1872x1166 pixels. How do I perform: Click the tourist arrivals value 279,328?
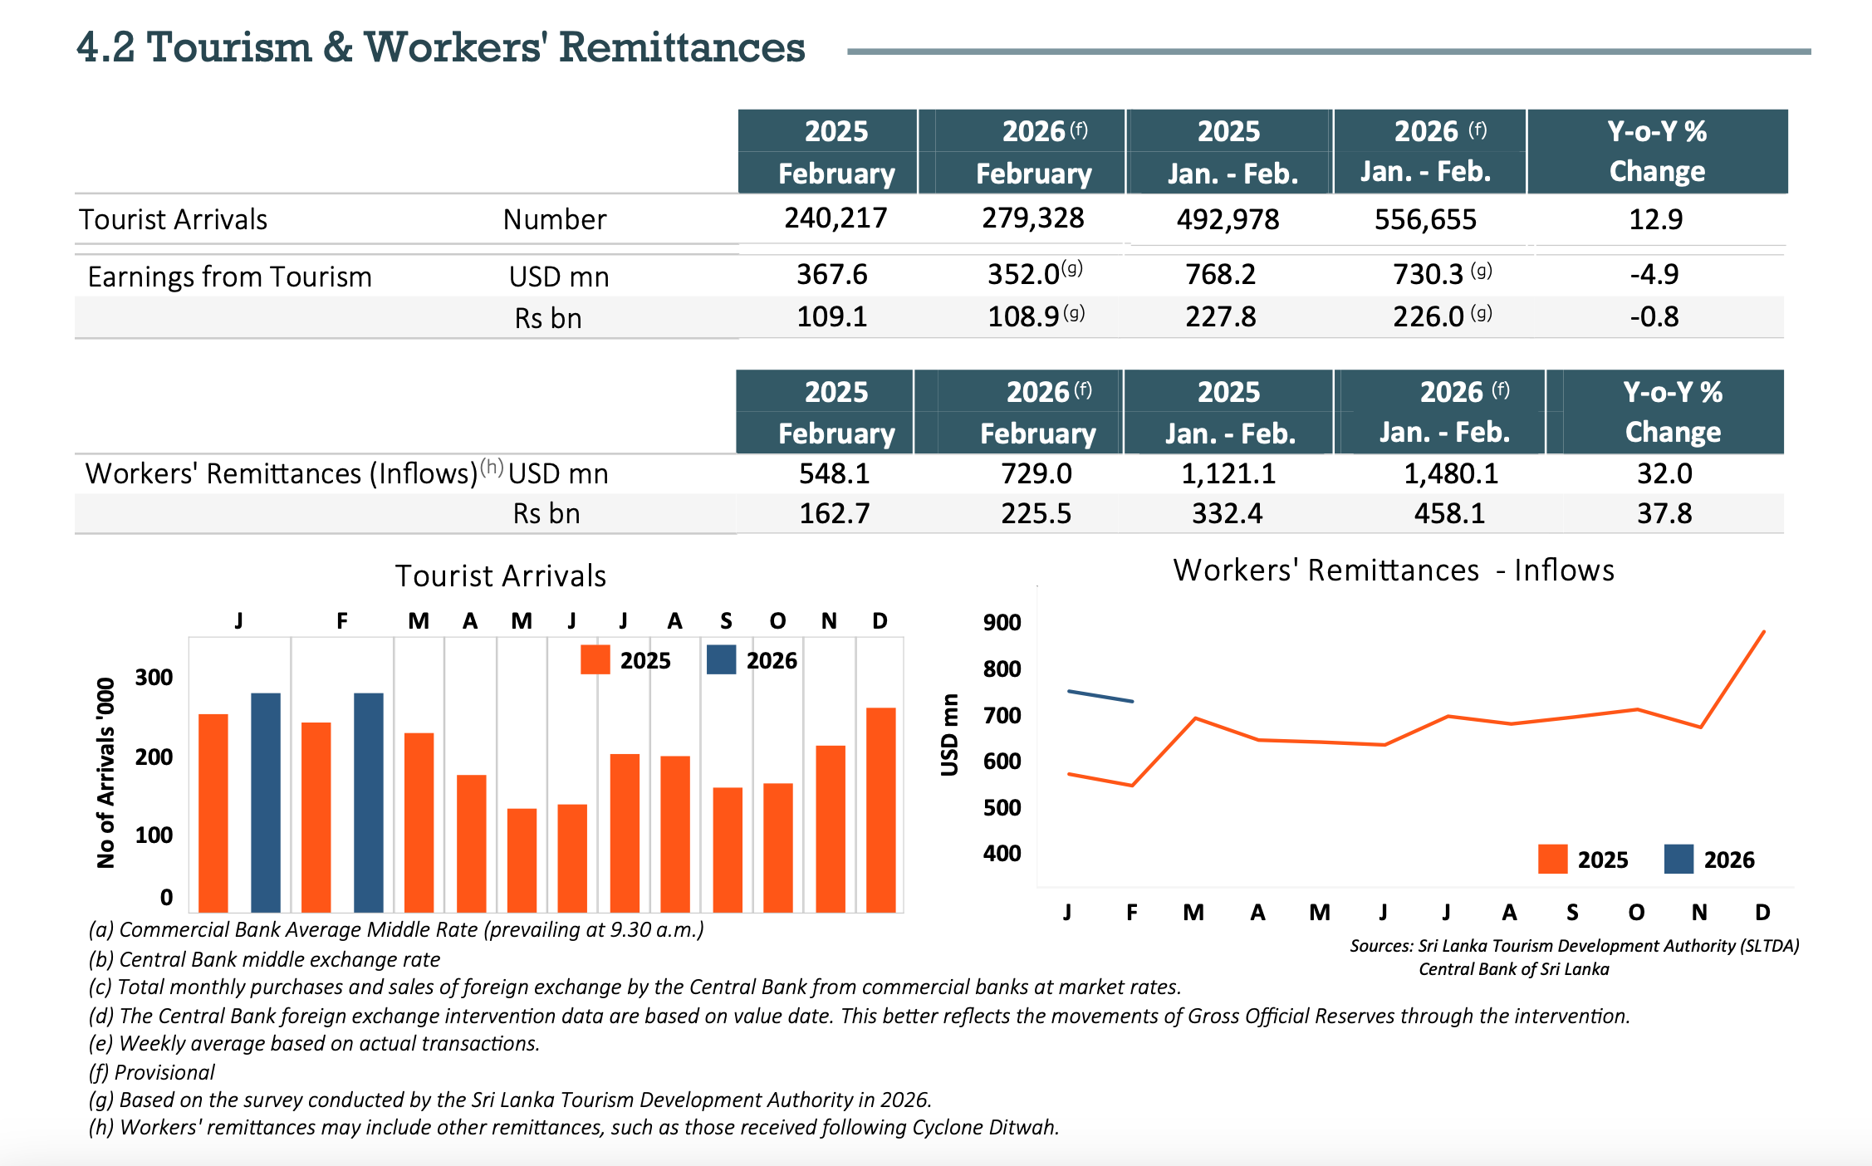pyautogui.click(x=1032, y=218)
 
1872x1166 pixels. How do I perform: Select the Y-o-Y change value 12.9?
pyautogui.click(x=1655, y=219)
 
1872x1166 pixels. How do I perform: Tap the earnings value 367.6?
pyautogui.click(x=831, y=274)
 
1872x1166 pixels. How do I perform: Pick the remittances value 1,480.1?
pyautogui.click(x=1450, y=473)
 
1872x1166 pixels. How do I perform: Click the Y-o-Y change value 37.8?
pyautogui.click(x=1664, y=513)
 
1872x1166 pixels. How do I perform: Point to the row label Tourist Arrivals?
pyautogui.click(x=173, y=219)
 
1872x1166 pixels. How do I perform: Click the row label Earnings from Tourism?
pyautogui.click(x=229, y=277)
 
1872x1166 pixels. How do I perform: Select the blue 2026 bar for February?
pyautogui.click(x=368, y=801)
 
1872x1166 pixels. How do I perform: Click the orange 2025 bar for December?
pyautogui.click(x=880, y=810)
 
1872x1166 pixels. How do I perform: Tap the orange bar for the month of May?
pyautogui.click(x=522, y=860)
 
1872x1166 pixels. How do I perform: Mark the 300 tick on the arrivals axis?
pyautogui.click(x=154, y=677)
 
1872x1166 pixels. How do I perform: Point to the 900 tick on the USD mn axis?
pyautogui.click(x=1002, y=622)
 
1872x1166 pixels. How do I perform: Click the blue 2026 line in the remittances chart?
pyautogui.click(x=1100, y=696)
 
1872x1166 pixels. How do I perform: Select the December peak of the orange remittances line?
pyautogui.click(x=1763, y=633)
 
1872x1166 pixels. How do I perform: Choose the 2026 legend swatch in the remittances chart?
pyautogui.click(x=1678, y=859)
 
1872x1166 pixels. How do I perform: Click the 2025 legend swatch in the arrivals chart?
pyautogui.click(x=595, y=659)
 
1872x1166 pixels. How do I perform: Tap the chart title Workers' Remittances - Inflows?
pyautogui.click(x=1393, y=571)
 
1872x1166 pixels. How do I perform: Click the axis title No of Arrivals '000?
pyautogui.click(x=105, y=772)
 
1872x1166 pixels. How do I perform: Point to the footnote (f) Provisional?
pyautogui.click(x=151, y=1072)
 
